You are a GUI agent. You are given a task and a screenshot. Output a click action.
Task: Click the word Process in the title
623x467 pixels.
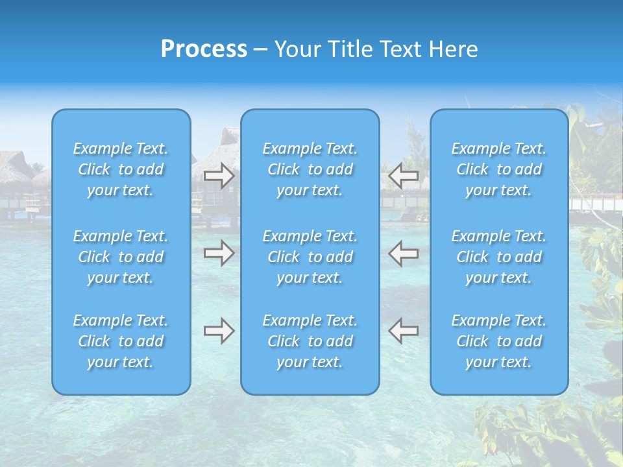coord(204,49)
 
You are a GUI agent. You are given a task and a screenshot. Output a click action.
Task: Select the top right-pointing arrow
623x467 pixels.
coord(219,176)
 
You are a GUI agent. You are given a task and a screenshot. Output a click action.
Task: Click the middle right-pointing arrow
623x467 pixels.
coord(219,253)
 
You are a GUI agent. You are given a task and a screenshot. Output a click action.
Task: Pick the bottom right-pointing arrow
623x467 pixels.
coord(219,331)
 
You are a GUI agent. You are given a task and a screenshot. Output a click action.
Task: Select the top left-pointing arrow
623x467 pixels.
coord(404,176)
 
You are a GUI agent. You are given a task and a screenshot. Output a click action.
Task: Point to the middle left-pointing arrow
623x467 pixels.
coord(404,253)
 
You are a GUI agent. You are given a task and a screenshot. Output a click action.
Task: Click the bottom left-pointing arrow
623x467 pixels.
coord(404,331)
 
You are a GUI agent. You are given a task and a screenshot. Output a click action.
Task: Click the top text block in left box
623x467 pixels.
coord(121,169)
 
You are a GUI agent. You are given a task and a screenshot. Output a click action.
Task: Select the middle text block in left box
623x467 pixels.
coord(121,257)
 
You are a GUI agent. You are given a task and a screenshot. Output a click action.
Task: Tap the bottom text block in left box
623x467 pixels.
coord(121,341)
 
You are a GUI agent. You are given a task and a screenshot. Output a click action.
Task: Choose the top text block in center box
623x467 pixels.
coord(310,169)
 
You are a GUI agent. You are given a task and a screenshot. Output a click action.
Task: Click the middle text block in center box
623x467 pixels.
coord(310,257)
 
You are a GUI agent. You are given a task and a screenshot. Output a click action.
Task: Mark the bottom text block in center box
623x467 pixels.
coord(310,341)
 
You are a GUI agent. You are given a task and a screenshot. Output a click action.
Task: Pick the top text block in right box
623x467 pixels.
coord(499,169)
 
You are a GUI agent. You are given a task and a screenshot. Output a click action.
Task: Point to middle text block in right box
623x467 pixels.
coord(499,257)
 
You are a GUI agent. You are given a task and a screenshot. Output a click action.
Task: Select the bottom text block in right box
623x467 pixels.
coord(499,341)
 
